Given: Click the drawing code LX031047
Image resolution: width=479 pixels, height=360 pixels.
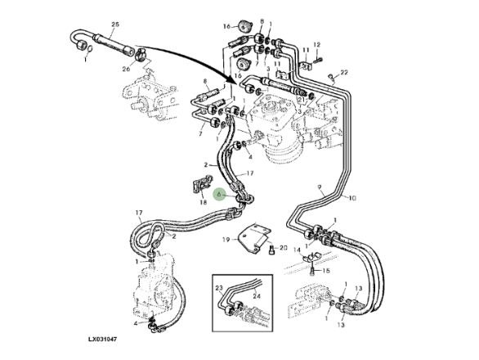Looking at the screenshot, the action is pyautogui.click(x=103, y=340).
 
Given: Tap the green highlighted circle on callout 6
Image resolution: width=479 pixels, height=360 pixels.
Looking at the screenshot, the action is pyautogui.click(x=219, y=194).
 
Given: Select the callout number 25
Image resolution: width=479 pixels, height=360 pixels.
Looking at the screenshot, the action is pyautogui.click(x=115, y=25).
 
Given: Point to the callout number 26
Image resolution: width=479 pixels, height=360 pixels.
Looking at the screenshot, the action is pyautogui.click(x=126, y=69).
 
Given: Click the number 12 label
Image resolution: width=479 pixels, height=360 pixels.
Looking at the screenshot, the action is pyautogui.click(x=317, y=45).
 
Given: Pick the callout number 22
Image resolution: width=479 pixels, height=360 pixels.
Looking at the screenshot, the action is pyautogui.click(x=344, y=73).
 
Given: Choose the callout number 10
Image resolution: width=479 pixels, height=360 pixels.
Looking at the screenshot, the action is pyautogui.click(x=352, y=198).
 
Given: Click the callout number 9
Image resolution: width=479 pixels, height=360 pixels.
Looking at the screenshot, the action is pyautogui.click(x=320, y=187).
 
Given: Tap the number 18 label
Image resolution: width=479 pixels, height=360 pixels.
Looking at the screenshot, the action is pyautogui.click(x=204, y=202).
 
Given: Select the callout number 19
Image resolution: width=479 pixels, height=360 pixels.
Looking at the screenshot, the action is pyautogui.click(x=226, y=240).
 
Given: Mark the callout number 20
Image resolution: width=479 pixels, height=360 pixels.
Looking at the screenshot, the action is pyautogui.click(x=284, y=247).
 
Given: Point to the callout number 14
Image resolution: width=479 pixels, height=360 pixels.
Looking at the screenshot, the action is pyautogui.click(x=297, y=250).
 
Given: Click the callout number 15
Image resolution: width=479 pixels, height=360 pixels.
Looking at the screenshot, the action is pyautogui.click(x=326, y=271).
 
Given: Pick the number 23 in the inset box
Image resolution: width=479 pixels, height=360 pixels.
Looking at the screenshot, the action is pyautogui.click(x=219, y=287).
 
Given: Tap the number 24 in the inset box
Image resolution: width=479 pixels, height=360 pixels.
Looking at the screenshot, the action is pyautogui.click(x=257, y=295).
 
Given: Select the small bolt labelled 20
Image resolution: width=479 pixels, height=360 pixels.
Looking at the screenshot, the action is pyautogui.click(x=271, y=250).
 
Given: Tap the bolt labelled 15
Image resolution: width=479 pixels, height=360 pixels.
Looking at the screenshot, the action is pyautogui.click(x=311, y=271).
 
